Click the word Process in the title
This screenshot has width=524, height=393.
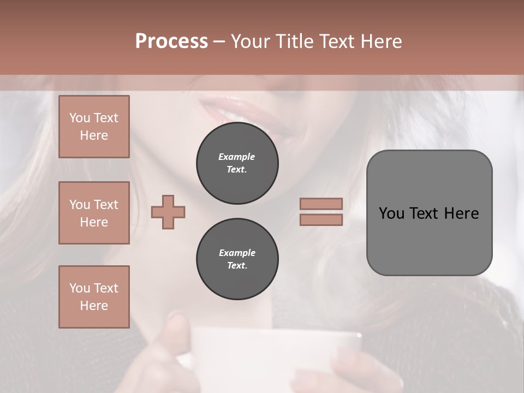171,41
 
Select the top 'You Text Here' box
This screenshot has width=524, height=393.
94,127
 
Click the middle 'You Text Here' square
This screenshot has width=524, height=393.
94,213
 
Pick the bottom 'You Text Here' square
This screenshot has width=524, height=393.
94,297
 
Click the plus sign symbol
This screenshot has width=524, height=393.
168,212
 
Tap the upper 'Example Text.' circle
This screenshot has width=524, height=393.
237,163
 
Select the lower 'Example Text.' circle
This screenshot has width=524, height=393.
237,259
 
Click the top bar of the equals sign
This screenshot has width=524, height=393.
321,204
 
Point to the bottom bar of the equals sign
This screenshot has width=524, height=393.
321,219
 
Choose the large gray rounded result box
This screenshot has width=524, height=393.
429,213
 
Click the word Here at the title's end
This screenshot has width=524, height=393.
380,41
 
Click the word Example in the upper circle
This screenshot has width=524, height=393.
237,157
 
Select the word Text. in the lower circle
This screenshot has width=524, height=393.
237,266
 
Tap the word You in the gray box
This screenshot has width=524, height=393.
392,213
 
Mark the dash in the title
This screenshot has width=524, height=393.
219,41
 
